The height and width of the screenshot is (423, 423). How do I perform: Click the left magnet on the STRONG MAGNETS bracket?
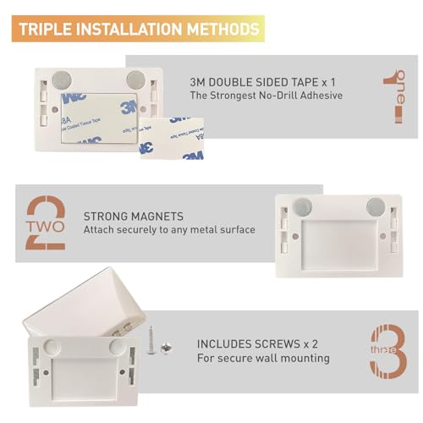point(302,206)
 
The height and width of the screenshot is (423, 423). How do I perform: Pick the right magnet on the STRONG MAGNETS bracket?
point(375,206)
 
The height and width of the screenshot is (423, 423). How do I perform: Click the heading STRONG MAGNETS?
point(135,217)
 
